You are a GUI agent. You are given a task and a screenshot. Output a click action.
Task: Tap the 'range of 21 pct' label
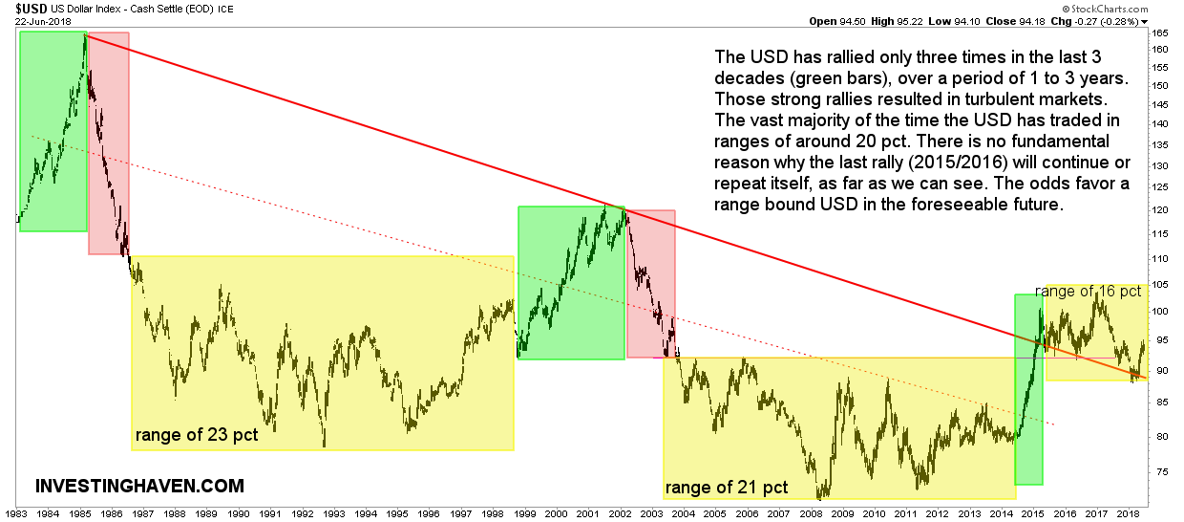click(727, 488)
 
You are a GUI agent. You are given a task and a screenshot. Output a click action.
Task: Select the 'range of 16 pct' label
click(1089, 291)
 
